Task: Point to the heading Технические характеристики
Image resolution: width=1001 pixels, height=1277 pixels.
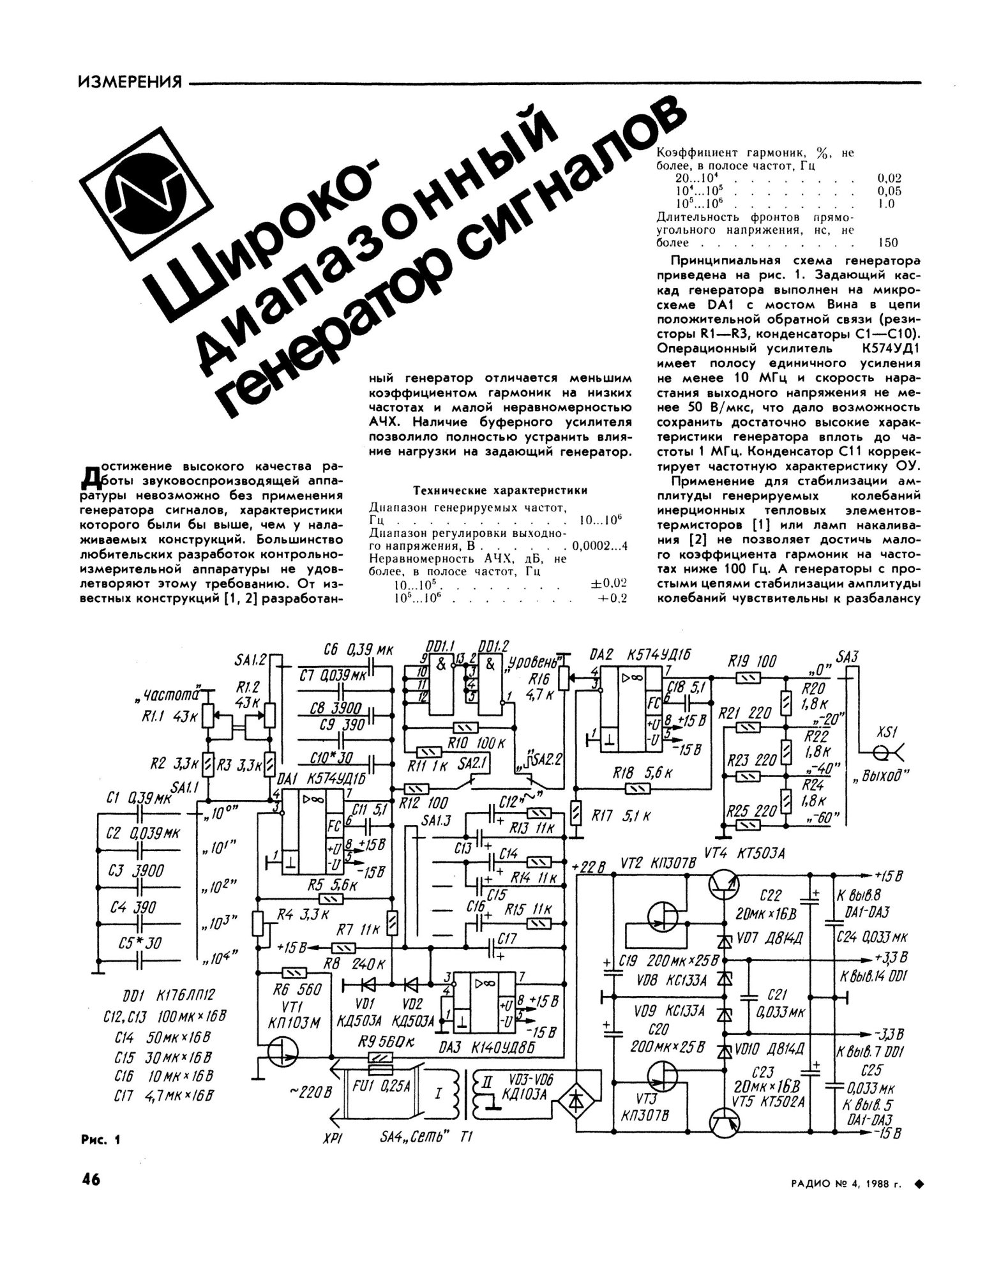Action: (x=500, y=490)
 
